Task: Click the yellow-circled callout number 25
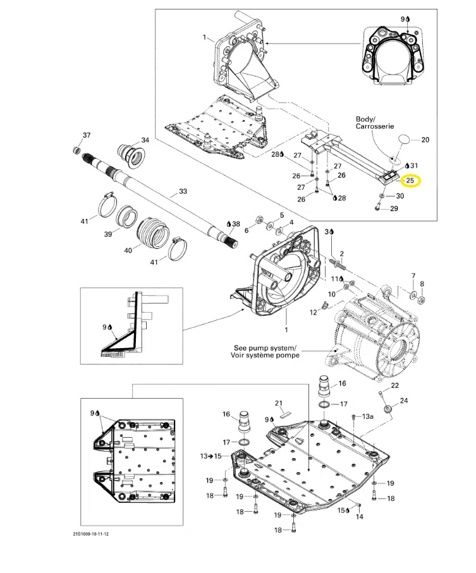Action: (x=410, y=181)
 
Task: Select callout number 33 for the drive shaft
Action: (x=183, y=191)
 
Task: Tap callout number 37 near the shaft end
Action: (x=87, y=135)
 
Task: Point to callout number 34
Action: (x=145, y=140)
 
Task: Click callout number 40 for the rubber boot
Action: (x=128, y=250)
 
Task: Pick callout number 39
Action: (x=107, y=234)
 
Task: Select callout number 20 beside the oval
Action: (x=425, y=139)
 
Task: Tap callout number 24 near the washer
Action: (x=404, y=401)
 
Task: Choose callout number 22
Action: (x=395, y=385)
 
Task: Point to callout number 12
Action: (x=312, y=312)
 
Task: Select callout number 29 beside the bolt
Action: (x=394, y=208)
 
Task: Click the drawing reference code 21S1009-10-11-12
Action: (x=95, y=534)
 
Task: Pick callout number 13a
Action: (x=368, y=418)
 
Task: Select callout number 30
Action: (x=400, y=196)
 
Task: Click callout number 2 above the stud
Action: (x=341, y=253)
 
